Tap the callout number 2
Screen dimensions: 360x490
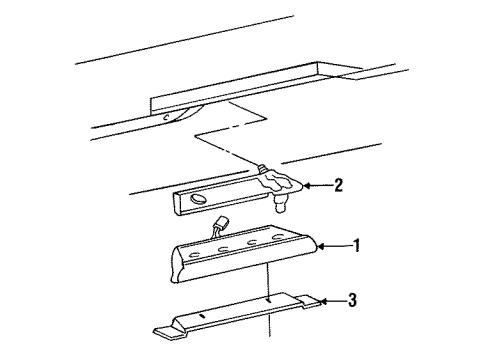[339, 184]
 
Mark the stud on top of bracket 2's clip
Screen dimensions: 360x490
[261, 168]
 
